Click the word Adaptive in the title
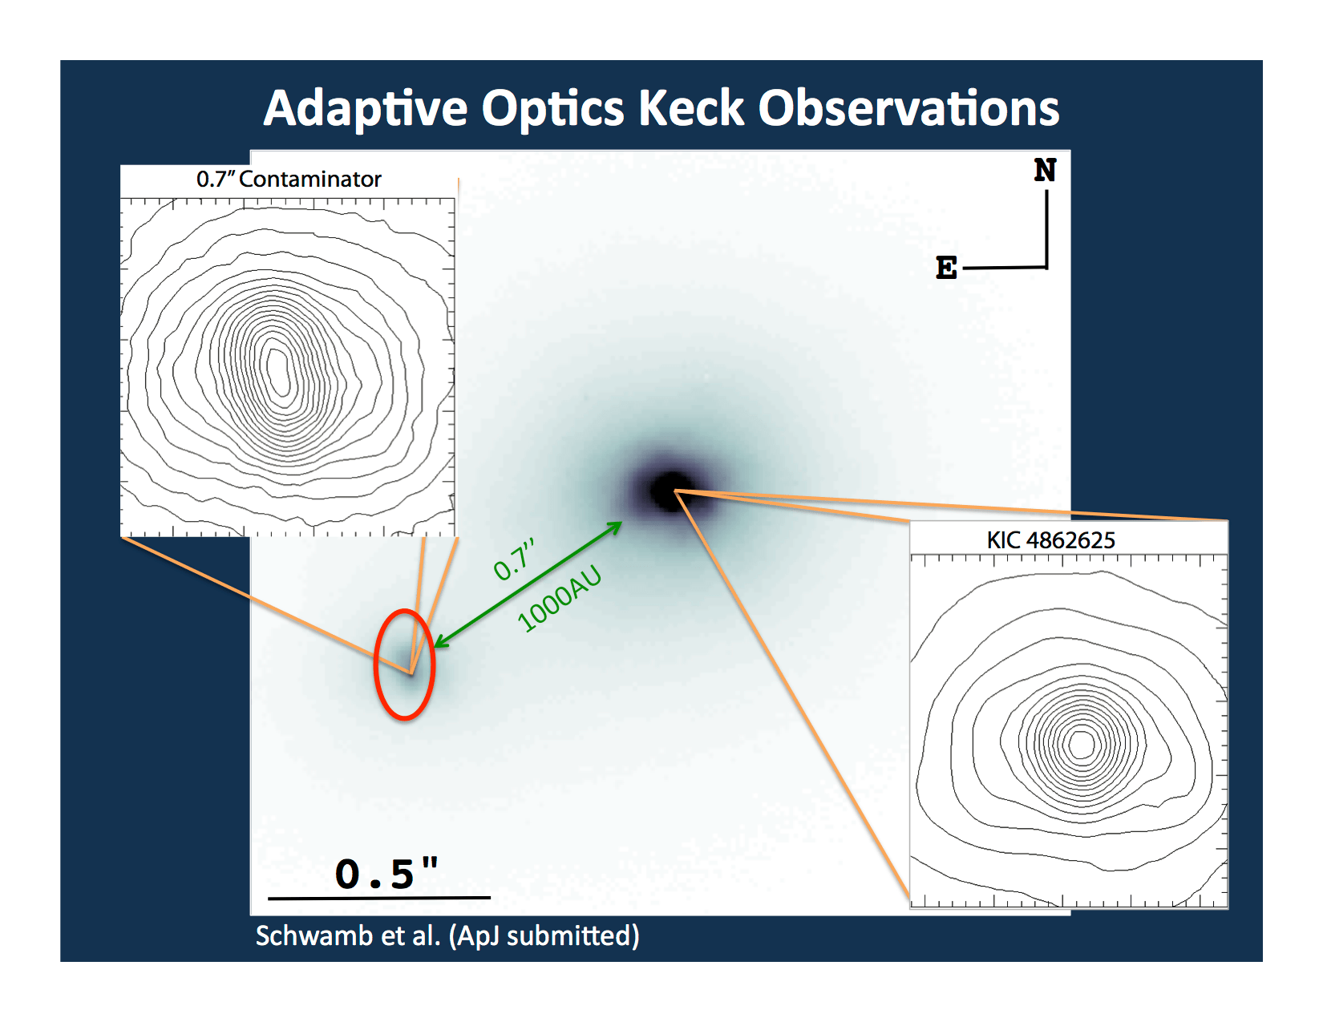(x=366, y=108)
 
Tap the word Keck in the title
(x=691, y=108)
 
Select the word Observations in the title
(x=908, y=108)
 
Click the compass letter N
(x=1045, y=170)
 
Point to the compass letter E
(x=946, y=268)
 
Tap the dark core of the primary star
(x=667, y=491)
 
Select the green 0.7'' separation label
(x=514, y=559)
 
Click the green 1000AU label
(x=559, y=599)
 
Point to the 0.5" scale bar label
(x=386, y=874)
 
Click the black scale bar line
(x=378, y=898)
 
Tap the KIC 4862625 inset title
(x=1050, y=540)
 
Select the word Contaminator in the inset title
(x=310, y=179)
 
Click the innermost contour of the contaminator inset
(x=278, y=370)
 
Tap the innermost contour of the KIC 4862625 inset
(x=1082, y=743)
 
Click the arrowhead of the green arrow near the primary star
(x=616, y=526)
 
